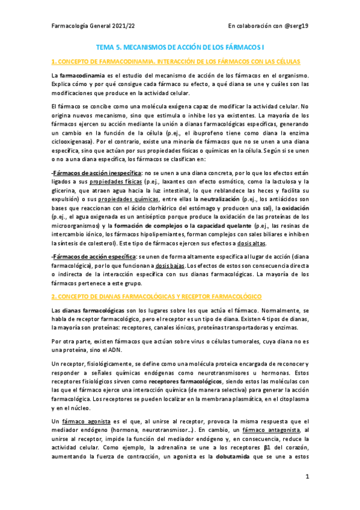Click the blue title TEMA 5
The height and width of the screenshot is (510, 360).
coord(180,46)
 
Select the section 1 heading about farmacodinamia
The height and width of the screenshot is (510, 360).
coord(176,62)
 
